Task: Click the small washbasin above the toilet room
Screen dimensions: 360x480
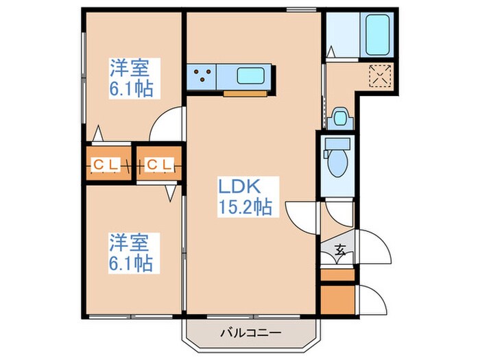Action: pyautogui.click(x=339, y=117)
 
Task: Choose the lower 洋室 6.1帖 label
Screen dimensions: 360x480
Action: pyautogui.click(x=132, y=252)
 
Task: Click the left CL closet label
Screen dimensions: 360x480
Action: pyautogui.click(x=106, y=164)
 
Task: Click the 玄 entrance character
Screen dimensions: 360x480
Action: pyautogui.click(x=340, y=250)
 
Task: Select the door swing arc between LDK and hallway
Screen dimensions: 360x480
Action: pyautogui.click(x=302, y=216)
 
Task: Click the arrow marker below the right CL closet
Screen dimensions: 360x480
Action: pyautogui.click(x=169, y=194)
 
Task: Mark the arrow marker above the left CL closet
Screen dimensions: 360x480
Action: pyautogui.click(x=99, y=133)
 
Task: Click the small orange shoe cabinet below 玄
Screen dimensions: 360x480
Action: pyautogui.click(x=338, y=276)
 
